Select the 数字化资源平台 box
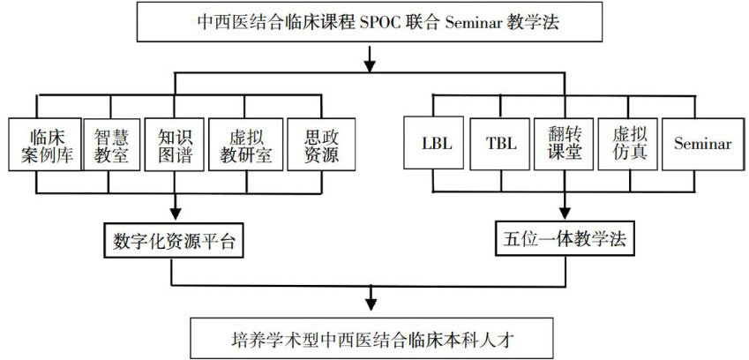(x=174, y=241)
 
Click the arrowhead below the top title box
(x=370, y=65)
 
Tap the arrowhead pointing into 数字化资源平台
(x=174, y=214)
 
